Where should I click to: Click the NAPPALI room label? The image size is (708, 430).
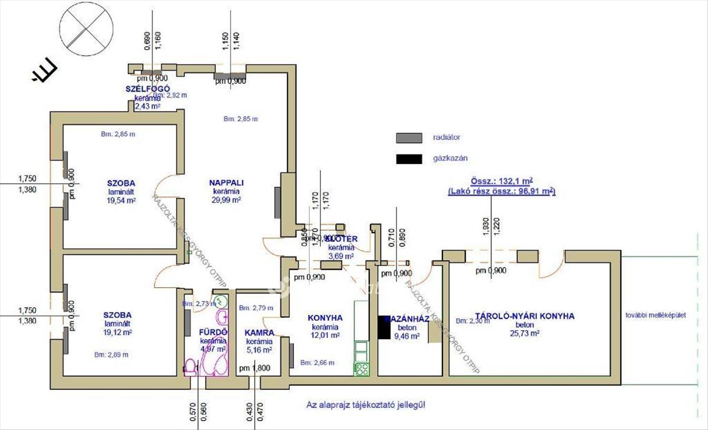[x=227, y=183]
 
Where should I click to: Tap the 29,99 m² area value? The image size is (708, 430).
[x=227, y=200]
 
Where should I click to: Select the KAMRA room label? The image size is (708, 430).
[x=258, y=333]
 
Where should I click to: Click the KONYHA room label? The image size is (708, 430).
[x=325, y=318]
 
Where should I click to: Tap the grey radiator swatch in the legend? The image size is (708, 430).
[x=409, y=138]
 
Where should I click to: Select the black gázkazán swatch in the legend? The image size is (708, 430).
[x=409, y=158]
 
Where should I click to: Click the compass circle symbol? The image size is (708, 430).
[x=88, y=27]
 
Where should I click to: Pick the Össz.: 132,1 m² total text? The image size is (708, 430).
[x=502, y=181]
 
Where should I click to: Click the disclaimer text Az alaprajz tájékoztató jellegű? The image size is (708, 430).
[x=365, y=405]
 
